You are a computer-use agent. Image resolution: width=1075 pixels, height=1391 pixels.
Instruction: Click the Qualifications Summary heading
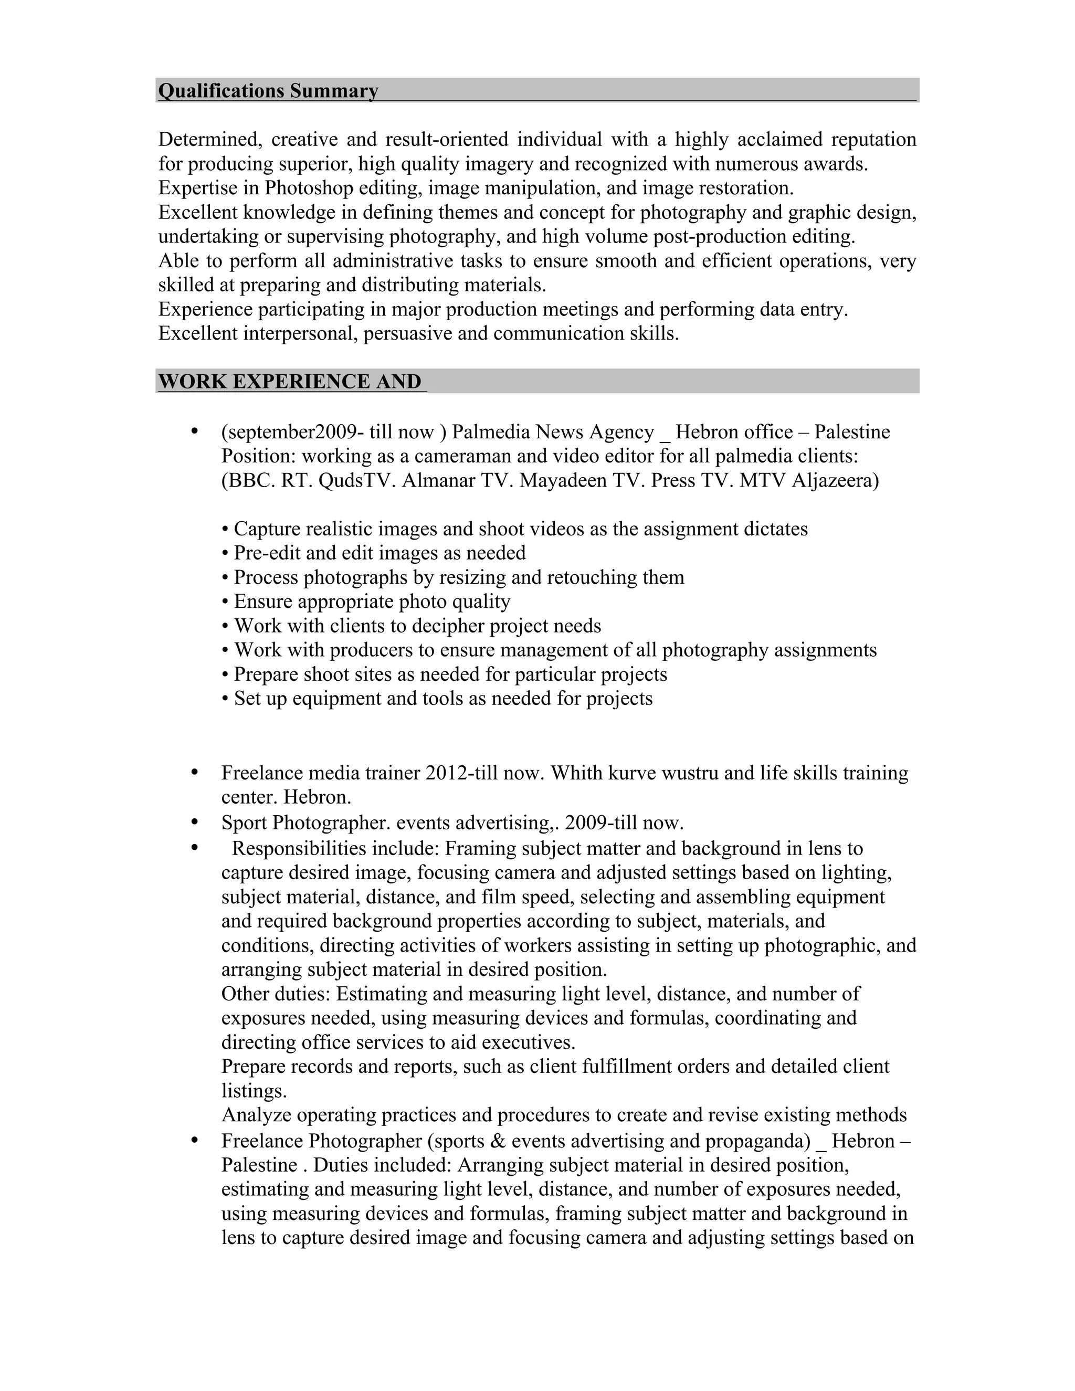tap(268, 91)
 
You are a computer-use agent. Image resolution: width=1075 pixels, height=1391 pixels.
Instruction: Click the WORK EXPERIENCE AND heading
tap(290, 382)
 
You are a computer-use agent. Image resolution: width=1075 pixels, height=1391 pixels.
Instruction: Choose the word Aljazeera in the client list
tap(834, 480)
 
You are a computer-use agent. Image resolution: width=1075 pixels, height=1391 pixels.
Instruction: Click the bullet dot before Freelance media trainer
tap(195, 773)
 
